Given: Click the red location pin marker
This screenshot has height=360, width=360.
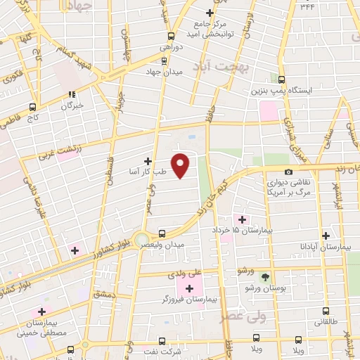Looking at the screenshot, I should tap(181, 165).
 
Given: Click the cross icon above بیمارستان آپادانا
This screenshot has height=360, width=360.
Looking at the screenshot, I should tap(325, 236).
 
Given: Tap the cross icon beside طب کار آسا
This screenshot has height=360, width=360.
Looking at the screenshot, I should tap(148, 161).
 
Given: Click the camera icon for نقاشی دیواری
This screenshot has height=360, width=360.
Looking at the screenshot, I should tap(288, 172).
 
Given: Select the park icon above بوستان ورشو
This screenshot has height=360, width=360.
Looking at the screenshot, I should tap(264, 278).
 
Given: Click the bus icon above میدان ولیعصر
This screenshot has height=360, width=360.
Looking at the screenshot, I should tap(162, 233).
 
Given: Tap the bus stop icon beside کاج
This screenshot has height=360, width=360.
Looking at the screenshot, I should tap(32, 108).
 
